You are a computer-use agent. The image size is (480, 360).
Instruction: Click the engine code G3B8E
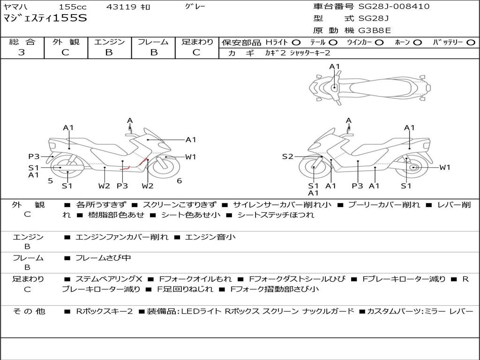point(374,31)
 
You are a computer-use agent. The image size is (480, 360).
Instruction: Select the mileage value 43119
point(121,7)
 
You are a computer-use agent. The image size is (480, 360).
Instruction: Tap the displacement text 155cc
point(73,7)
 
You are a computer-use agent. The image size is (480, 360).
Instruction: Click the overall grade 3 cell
point(22,52)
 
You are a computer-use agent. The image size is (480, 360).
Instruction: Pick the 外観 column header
point(66,42)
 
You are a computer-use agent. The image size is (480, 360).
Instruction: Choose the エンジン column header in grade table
point(109,42)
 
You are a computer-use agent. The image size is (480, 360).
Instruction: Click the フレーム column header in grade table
point(154,42)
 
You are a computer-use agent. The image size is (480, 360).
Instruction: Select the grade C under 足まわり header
point(196,52)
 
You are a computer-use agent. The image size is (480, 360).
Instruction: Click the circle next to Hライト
point(296,43)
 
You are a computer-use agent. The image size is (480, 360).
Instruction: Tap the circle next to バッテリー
point(471,43)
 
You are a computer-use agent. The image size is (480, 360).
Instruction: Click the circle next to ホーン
point(417,43)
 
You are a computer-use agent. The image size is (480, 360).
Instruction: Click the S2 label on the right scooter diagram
point(287,157)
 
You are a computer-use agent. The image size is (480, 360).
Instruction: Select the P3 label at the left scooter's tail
point(34,157)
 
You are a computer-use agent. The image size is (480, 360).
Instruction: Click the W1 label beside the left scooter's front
point(190,157)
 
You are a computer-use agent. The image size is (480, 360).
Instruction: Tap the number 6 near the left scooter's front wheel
point(179,181)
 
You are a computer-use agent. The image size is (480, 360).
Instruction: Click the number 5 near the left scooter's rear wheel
point(50,181)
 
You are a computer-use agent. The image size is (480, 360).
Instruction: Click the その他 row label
point(29,311)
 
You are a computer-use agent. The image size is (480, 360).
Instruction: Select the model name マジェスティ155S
point(45,19)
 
